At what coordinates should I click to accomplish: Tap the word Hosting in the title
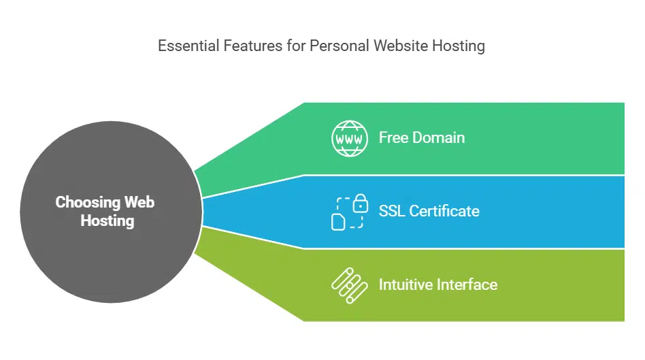pos(459,46)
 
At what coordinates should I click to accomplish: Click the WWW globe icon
pos(349,137)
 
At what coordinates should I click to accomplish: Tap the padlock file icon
pos(349,212)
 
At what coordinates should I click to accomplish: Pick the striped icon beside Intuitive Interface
pos(349,284)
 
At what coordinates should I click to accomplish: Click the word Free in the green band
pos(393,137)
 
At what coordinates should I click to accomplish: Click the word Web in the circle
pos(139,202)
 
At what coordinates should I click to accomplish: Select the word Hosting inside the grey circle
pos(107,220)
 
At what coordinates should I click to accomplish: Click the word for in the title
pos(285,46)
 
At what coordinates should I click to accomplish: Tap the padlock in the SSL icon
pos(361,203)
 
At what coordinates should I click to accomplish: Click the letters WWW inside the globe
pos(349,138)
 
